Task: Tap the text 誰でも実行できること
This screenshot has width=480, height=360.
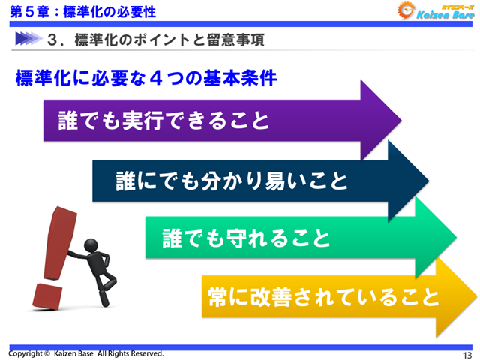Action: (x=163, y=120)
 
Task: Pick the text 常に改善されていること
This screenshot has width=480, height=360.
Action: (x=322, y=297)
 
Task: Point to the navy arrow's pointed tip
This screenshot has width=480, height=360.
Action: (x=428, y=181)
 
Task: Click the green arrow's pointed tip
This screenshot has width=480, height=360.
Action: (x=455, y=239)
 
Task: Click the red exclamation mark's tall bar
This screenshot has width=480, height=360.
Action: (x=58, y=240)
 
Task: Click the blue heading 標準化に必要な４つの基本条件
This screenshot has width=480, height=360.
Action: (x=146, y=78)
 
